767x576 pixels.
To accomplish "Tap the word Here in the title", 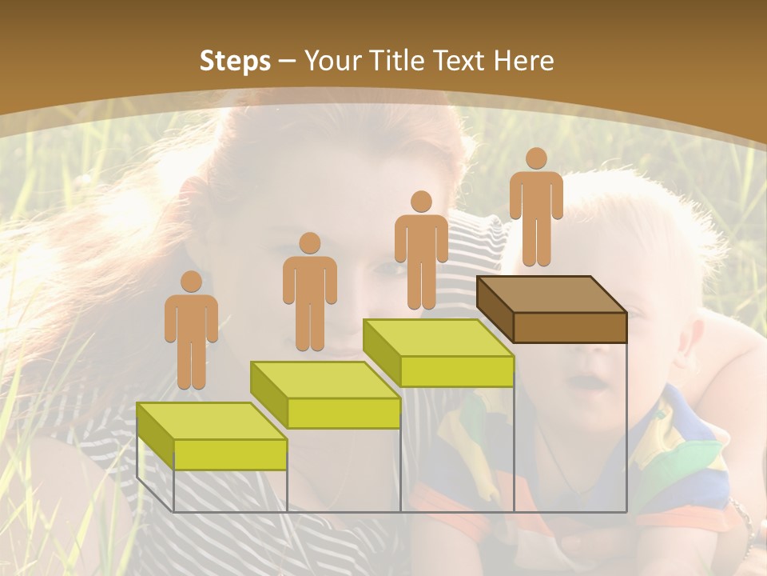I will click(x=523, y=61).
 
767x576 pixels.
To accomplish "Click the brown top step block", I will click(x=551, y=309).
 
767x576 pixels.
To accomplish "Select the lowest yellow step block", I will click(x=212, y=436).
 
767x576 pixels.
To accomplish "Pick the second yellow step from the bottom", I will click(x=325, y=394).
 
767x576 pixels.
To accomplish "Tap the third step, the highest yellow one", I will click(x=438, y=352).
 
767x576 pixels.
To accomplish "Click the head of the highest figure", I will click(x=536, y=158).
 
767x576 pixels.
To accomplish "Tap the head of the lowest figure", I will click(x=191, y=281).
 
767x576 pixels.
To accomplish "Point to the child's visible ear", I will click(x=693, y=340).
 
